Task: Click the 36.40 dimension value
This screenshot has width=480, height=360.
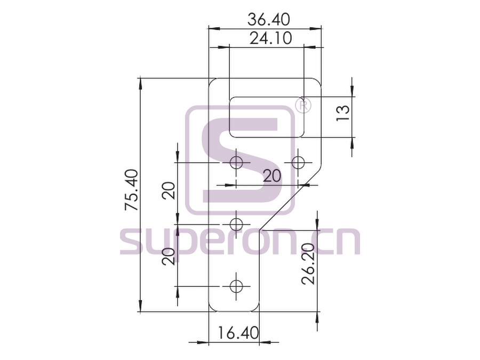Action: coord(268,20)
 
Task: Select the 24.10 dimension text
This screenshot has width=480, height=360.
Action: coord(270,38)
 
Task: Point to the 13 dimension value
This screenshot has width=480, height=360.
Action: coord(343,113)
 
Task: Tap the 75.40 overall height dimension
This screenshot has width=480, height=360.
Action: coord(132,190)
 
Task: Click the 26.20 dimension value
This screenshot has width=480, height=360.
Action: coord(308,264)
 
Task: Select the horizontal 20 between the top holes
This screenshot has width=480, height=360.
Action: coord(272,176)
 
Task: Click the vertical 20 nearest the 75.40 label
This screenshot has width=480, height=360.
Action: coord(169,191)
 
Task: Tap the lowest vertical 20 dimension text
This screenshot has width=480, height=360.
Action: coord(169,256)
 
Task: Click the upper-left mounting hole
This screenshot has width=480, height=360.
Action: coord(236,162)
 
